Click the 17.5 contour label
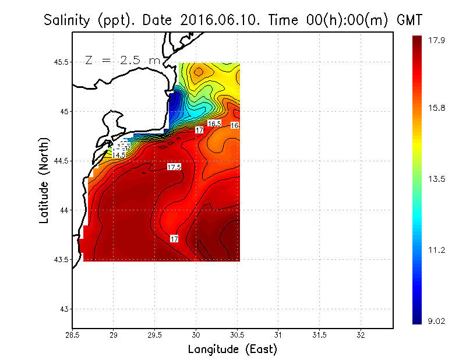coord(174,167)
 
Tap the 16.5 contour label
coord(214,123)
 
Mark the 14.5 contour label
coord(119,156)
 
